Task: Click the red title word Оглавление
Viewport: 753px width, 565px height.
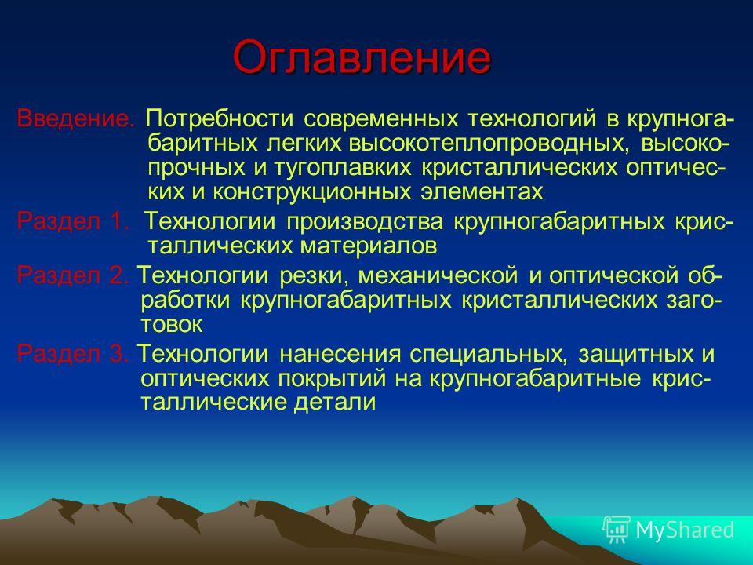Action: pos(362,57)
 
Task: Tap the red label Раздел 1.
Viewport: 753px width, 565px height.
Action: pos(73,221)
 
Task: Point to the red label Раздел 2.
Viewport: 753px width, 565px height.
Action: pos(73,275)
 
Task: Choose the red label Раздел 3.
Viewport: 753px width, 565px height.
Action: pos(73,354)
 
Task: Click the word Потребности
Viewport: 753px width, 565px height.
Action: pos(220,118)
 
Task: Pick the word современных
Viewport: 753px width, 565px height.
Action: pos(381,119)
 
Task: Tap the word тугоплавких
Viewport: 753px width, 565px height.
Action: pos(343,168)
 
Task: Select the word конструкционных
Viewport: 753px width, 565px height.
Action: pos(312,192)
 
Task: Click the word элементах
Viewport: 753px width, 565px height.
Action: pos(482,192)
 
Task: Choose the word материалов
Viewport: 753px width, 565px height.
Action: pos(369,246)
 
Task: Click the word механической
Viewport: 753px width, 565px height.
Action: pos(438,275)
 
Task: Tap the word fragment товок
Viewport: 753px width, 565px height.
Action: pos(172,325)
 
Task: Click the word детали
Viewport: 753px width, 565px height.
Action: pos(335,403)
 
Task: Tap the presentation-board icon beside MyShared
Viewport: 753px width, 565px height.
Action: pos(617,530)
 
